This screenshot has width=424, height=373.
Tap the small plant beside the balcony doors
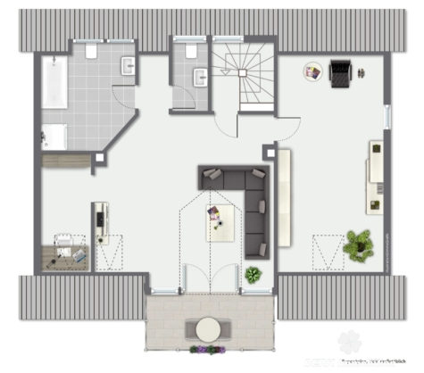254,275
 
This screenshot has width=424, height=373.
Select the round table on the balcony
209,328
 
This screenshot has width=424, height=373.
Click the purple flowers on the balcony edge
209,349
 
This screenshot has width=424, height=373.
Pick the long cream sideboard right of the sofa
285,197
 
